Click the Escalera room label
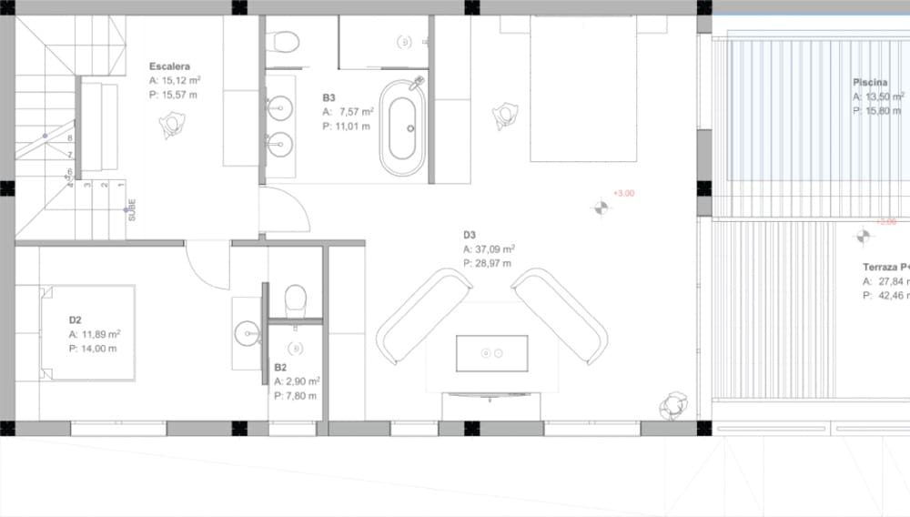(x=169, y=66)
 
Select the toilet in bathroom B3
(x=283, y=42)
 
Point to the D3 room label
(x=470, y=235)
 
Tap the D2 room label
(x=76, y=320)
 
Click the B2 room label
(x=281, y=368)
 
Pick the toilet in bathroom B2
(x=296, y=300)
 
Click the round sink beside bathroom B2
(x=247, y=334)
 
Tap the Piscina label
(x=870, y=82)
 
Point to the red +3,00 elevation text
(x=623, y=193)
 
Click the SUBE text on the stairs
(x=132, y=210)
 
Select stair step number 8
(x=70, y=138)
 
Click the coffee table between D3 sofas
(x=491, y=351)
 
